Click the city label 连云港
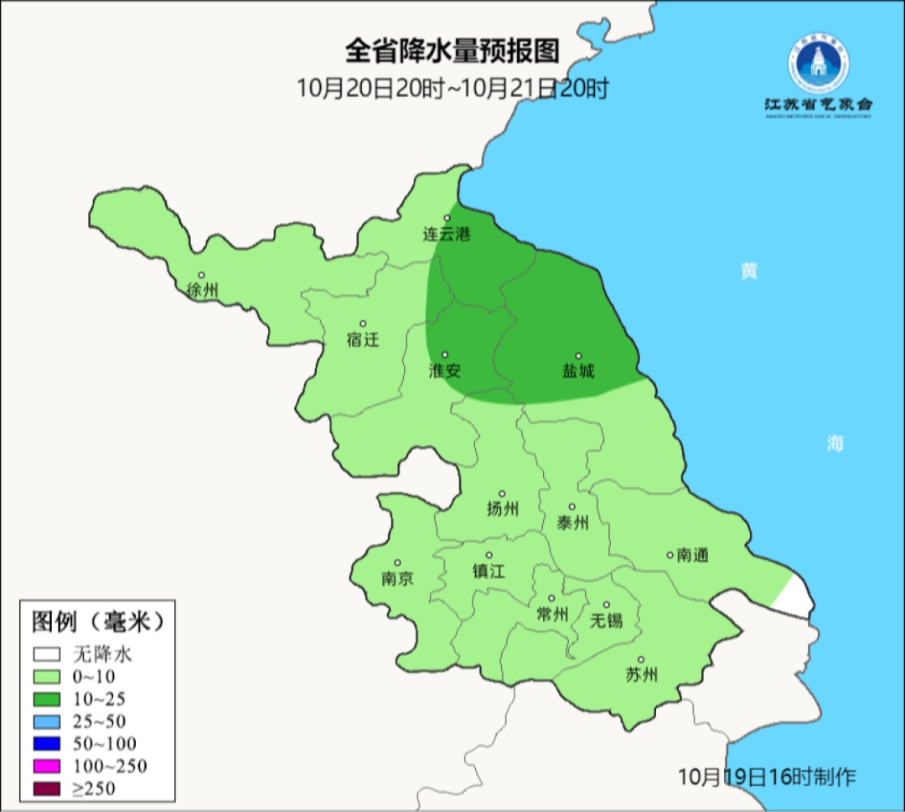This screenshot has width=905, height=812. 447,235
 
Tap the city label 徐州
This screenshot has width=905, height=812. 203,291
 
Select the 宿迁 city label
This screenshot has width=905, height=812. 363,339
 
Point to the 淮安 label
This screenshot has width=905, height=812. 445,370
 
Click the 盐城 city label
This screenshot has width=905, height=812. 578,370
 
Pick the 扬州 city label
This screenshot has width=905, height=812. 503,509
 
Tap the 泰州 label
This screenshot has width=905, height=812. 573,523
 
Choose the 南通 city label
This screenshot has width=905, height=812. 693,555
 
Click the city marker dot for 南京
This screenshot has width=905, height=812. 397,563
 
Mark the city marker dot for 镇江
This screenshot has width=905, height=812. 489,555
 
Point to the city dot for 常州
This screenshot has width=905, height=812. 551,598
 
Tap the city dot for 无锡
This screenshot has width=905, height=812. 606,604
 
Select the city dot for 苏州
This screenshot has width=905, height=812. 641,659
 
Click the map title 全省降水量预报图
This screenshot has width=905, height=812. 452,52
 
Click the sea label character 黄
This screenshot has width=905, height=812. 748,272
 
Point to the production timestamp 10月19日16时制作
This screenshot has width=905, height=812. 768,776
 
